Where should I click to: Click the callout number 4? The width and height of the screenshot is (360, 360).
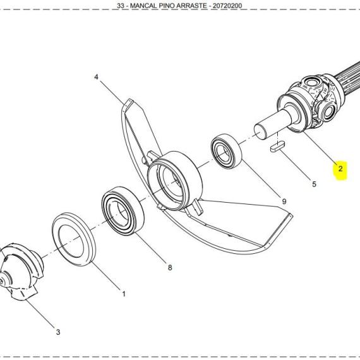(96, 77)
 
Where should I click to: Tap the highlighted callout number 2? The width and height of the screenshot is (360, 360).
(340, 169)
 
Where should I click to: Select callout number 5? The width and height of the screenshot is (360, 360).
(314, 184)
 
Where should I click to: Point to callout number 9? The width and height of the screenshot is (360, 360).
(284, 201)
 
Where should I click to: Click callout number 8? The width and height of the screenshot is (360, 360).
(170, 268)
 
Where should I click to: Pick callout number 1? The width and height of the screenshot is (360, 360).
(124, 294)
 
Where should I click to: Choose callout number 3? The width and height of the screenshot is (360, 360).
(58, 332)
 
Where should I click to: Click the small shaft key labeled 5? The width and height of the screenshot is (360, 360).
(277, 147)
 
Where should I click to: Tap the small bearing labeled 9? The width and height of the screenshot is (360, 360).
(226, 151)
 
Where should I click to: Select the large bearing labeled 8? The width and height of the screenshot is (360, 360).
(123, 211)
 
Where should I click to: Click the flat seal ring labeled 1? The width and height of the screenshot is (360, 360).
(74, 239)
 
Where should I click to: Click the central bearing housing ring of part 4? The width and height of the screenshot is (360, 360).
(174, 181)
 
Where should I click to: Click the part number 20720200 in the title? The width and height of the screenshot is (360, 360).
(227, 6)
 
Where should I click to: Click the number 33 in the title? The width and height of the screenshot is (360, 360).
(121, 6)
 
